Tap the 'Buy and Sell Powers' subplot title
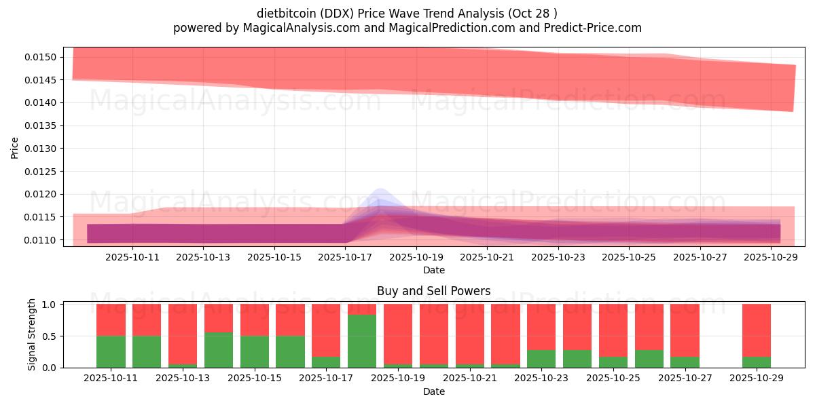point(433,291)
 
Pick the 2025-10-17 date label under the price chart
point(346,257)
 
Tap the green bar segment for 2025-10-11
point(111,351)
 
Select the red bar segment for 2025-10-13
point(183,334)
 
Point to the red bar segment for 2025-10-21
point(469,334)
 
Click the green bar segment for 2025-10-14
point(219,350)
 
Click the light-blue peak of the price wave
point(379,193)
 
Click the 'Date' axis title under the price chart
point(433,270)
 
